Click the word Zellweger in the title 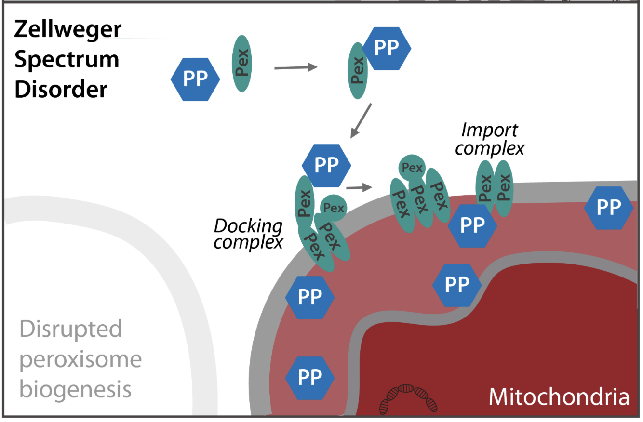[x=67, y=30]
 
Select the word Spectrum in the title [x=67, y=60]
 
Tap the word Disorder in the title [x=61, y=90]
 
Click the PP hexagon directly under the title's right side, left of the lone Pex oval [x=196, y=79]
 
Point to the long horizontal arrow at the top [x=295, y=68]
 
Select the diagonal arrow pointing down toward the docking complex [x=361, y=120]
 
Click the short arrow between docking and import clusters [x=361, y=187]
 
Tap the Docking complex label [x=248, y=233]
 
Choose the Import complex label [x=489, y=139]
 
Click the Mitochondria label [x=559, y=397]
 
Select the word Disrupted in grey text [x=71, y=330]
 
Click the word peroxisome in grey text [x=80, y=360]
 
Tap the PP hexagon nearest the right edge [x=608, y=208]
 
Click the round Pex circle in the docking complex [x=333, y=208]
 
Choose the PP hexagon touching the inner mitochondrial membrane [x=457, y=285]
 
